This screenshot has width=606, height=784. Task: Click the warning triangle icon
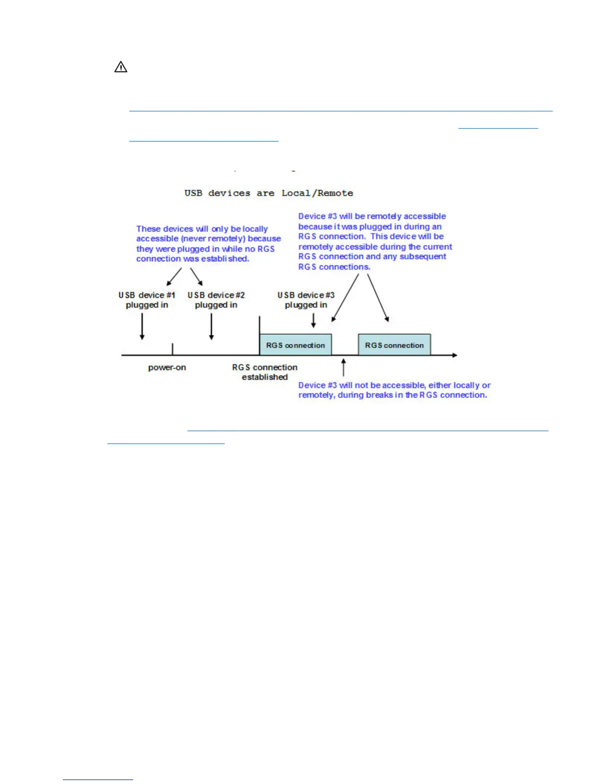[121, 67]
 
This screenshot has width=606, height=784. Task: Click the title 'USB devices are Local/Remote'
[268, 193]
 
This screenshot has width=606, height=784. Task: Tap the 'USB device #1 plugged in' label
[147, 300]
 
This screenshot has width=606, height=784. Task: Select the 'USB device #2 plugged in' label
[216, 300]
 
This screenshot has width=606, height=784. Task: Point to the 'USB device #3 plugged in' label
[306, 300]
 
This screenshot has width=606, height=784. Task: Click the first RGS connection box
[296, 345]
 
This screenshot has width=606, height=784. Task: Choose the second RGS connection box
[395, 345]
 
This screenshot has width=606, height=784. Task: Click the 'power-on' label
[167, 368]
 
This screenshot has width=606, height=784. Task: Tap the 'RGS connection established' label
[265, 372]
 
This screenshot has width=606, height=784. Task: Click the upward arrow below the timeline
[344, 368]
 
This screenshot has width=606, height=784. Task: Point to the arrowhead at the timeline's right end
[454, 355]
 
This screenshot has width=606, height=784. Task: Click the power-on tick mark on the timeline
[172, 349]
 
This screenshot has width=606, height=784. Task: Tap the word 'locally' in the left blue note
[255, 229]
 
